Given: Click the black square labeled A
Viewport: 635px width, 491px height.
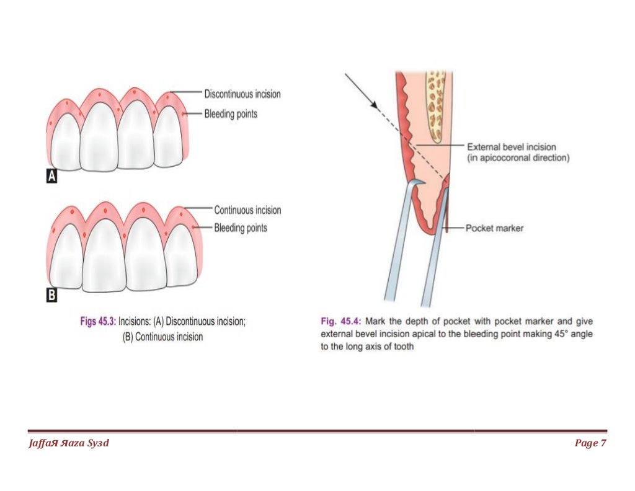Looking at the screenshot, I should pos(52,177).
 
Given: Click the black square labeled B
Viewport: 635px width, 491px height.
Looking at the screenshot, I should pos(52,296).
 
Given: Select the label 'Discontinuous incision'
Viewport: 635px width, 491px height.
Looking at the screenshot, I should pos(242,94).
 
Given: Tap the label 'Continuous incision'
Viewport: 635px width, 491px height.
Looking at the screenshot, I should pos(247,210).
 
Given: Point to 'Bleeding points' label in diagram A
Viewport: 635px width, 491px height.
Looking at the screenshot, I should pos(231,114).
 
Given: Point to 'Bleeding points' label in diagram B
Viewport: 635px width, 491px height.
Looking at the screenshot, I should pos(241,228).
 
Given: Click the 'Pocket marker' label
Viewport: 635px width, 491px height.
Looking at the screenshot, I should pos(494,228).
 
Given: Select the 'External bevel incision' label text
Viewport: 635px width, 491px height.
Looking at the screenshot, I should pos(511,147).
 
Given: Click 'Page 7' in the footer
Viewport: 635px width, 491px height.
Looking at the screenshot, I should pos(590,443).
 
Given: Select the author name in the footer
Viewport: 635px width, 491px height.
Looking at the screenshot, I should pos(69,443).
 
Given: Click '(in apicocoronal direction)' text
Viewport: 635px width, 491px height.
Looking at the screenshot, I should pos(518,159).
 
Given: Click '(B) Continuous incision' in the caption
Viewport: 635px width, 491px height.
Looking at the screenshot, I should pos(163,337).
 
